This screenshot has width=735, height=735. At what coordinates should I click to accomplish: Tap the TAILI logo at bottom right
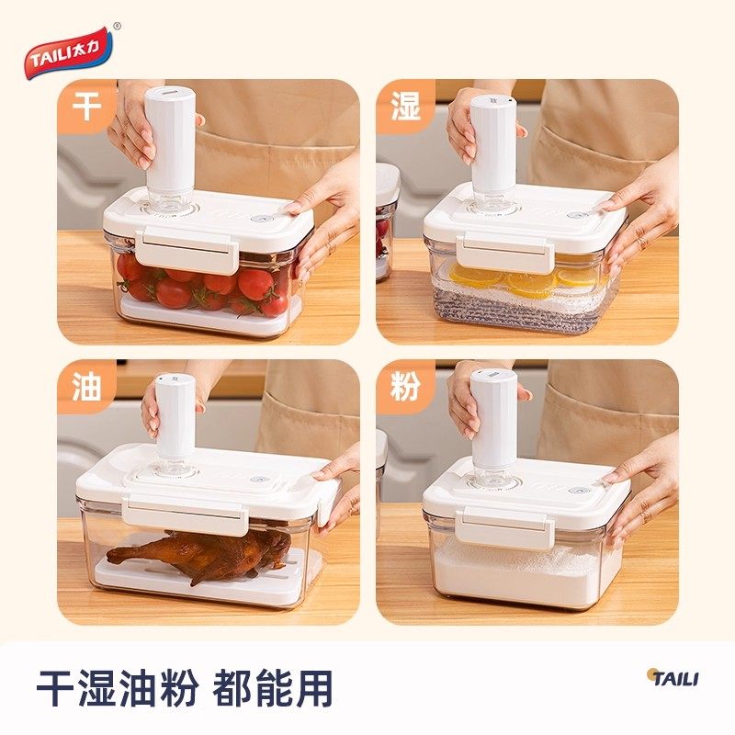point(673,678)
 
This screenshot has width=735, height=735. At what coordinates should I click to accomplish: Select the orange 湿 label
point(404,106)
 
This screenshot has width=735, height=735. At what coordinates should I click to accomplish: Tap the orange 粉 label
point(404,386)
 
